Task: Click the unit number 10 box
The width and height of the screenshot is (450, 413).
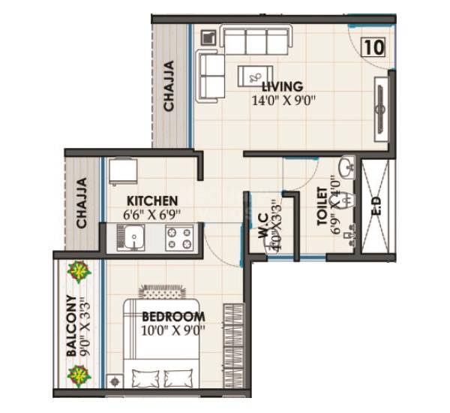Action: (373, 47)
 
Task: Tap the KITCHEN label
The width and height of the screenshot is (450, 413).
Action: (151, 200)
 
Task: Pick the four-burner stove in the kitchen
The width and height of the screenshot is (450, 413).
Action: (179, 239)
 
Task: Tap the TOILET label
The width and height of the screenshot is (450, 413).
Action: (322, 206)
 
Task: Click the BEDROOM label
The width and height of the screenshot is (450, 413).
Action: (173, 315)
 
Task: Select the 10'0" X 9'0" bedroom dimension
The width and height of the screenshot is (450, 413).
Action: (173, 329)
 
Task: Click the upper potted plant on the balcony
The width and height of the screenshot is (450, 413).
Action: (77, 270)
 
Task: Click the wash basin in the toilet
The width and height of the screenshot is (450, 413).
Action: (346, 166)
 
